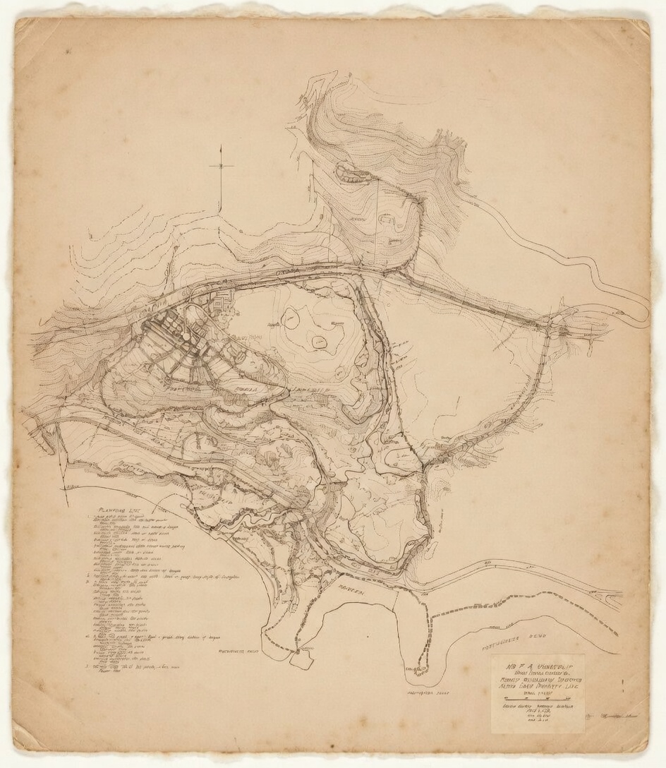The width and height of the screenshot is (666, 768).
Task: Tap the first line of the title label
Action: pos(536,665)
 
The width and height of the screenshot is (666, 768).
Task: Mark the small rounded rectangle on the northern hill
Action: pos(387,220)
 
